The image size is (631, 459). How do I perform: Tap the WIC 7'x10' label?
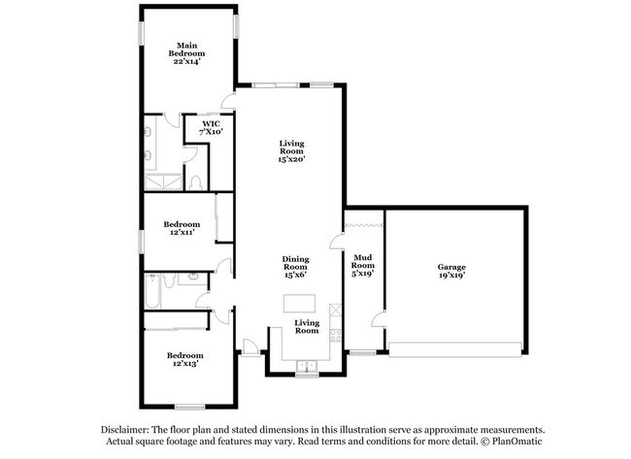coord(212,127)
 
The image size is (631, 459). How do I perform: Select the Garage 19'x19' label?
coord(451,271)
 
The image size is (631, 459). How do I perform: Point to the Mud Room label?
coord(363,265)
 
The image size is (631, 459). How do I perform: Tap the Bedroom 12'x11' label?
coord(182,228)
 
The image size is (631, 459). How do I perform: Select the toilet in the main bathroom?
coord(195,181)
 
